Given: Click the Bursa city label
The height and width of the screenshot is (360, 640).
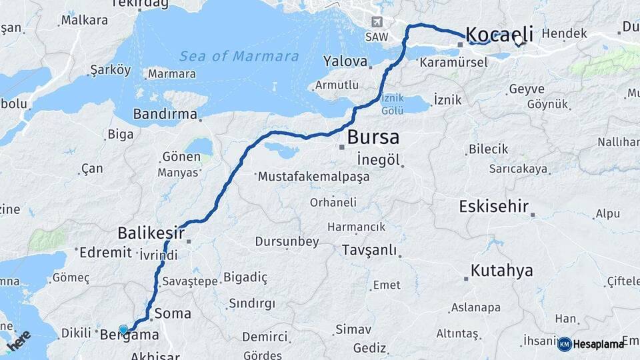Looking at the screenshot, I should pos(373,138).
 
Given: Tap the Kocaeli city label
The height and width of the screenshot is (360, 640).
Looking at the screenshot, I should pos(500,34).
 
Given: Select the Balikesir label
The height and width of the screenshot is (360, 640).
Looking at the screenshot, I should pos(151,233).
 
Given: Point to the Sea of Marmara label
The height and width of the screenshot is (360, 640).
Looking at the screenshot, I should pos(239,56).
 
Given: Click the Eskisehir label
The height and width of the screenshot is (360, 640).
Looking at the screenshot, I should pos(494,207).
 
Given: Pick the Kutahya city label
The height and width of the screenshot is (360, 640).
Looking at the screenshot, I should pos(501,271).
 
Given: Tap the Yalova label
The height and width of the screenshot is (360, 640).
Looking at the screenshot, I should pos(345,61).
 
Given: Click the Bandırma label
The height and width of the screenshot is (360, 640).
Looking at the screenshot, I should pos(165,114).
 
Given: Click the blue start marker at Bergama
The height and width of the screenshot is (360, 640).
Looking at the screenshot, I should pos(123,329).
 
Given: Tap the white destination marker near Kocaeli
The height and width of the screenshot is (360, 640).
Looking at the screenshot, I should pos(519,41).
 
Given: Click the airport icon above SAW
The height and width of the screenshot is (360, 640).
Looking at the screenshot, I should pos(378,22).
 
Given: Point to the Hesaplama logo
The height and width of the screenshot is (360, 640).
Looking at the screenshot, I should pos(591,344).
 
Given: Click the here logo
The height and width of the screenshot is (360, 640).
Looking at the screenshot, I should pos(18,341).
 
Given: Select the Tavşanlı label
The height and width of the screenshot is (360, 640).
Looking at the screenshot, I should pos(369,251).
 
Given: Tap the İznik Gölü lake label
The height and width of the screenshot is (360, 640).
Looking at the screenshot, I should pos(391,103).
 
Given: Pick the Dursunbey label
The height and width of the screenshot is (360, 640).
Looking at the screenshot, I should pos(287,241).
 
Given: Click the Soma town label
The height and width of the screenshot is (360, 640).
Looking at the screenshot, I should pos(172,313).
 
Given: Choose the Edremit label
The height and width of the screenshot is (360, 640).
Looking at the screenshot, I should pos(105,253).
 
